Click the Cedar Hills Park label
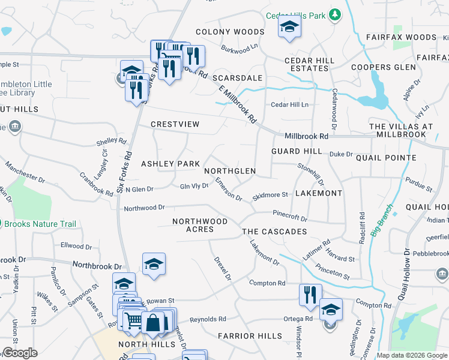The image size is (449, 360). click(x=295, y=14)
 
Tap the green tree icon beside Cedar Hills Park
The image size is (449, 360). click(x=335, y=14)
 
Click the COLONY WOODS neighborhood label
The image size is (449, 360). click(x=230, y=32)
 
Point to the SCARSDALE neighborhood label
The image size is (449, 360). click(x=238, y=78)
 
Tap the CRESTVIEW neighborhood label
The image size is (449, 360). click(x=175, y=124)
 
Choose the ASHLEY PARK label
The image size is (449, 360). click(x=170, y=164)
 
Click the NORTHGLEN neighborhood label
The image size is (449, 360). click(x=230, y=171)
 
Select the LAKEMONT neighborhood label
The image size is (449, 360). click(x=317, y=193)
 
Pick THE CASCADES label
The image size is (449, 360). click(x=274, y=232)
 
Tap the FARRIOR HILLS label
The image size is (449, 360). click(x=250, y=335)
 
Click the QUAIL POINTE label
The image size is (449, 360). click(x=386, y=158)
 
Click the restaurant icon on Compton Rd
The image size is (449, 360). click(x=310, y=295)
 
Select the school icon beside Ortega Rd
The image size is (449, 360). click(x=331, y=310)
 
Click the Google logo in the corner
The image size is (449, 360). click(x=20, y=353)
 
